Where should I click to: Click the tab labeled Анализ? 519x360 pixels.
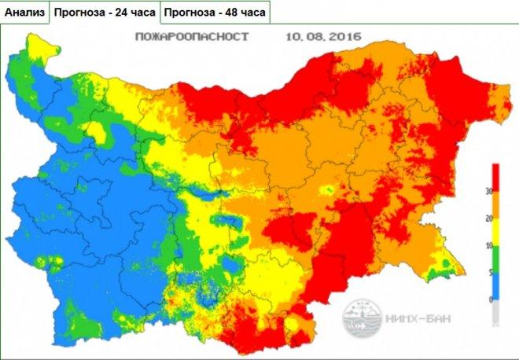(x=25, y=13)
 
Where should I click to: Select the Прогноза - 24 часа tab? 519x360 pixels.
(x=105, y=13)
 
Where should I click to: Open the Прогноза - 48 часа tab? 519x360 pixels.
(x=215, y=13)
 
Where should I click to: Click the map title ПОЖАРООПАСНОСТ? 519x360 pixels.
(x=192, y=37)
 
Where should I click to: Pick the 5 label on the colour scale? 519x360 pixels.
(x=489, y=273)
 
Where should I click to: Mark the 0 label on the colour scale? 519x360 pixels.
(x=489, y=299)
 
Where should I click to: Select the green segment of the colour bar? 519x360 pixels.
(x=496, y=259)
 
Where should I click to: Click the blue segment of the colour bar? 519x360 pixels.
(x=496, y=286)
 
